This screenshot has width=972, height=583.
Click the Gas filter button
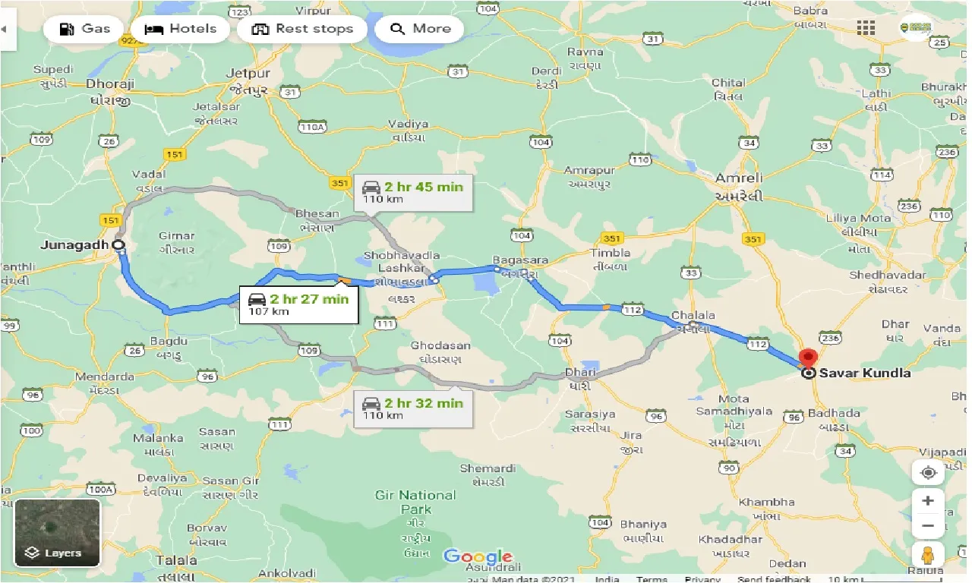[x=84, y=29]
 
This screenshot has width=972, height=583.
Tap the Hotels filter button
[x=180, y=29]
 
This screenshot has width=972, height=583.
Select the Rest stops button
[x=301, y=29]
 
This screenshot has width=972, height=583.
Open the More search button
[x=421, y=29]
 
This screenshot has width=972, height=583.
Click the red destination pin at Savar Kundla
[x=808, y=358]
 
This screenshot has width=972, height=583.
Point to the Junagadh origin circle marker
[x=118, y=245]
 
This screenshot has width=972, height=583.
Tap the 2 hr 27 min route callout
[x=298, y=304]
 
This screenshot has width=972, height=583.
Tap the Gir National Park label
[x=415, y=502]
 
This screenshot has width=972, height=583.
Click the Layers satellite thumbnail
[x=57, y=532]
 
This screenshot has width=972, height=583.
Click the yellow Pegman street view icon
[x=928, y=555]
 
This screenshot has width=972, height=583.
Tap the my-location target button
[x=928, y=472]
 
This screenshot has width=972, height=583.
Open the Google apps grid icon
[x=866, y=28]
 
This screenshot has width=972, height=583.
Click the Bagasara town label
[x=520, y=260]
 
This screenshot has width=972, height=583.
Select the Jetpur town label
[x=248, y=74]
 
